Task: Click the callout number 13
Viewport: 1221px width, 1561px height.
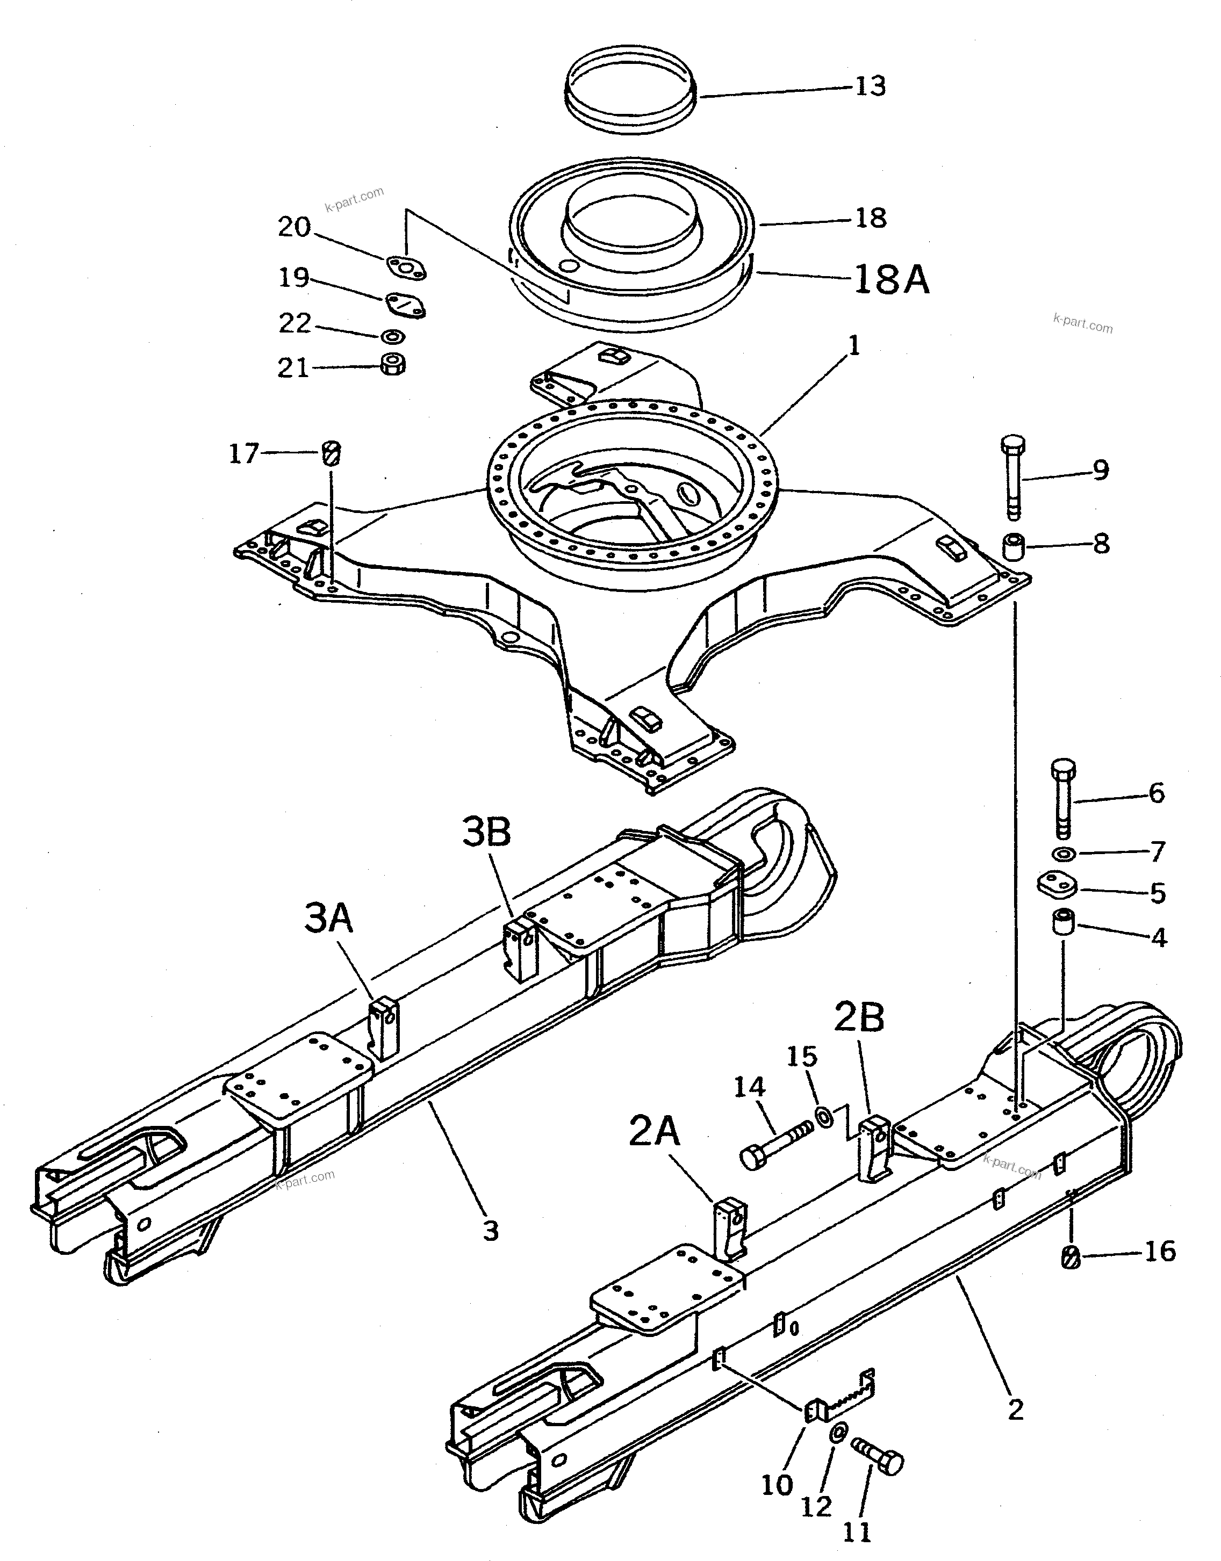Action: pyautogui.click(x=870, y=86)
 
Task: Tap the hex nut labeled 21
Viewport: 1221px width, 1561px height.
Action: pyautogui.click(x=392, y=365)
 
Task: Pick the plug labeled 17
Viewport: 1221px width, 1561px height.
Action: pyautogui.click(x=332, y=453)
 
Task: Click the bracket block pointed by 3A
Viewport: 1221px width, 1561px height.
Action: pyautogui.click(x=384, y=1027)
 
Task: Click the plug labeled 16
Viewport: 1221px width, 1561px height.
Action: pyautogui.click(x=1070, y=1256)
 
